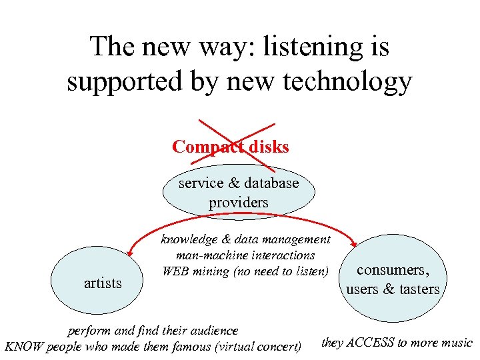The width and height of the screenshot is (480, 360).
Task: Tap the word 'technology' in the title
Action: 346,81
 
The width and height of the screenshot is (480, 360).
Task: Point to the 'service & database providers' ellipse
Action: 238,192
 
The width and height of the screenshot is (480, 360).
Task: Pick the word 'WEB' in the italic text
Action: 175,271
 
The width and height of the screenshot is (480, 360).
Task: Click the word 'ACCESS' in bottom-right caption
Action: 371,343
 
